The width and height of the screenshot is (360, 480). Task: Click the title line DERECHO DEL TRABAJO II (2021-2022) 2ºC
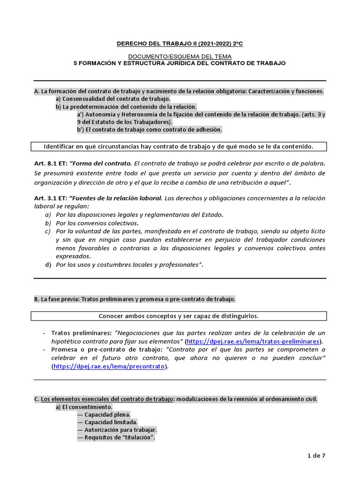pyautogui.click(x=180, y=45)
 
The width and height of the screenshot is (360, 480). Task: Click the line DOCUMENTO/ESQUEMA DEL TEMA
pyautogui.click(x=180, y=56)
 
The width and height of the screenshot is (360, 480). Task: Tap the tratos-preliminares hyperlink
pyautogui.click(x=254, y=341)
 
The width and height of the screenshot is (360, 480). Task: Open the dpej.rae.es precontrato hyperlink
pyautogui.click(x=109, y=367)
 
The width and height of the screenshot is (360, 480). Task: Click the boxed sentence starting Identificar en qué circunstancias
pyautogui.click(x=179, y=147)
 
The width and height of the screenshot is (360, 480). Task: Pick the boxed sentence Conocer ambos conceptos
pyautogui.click(x=179, y=315)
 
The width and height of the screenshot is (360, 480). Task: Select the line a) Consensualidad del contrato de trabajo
pyautogui.click(x=113, y=99)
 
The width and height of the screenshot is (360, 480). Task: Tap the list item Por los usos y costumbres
pyautogui.click(x=129, y=265)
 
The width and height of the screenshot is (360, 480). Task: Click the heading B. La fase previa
pyautogui.click(x=135, y=299)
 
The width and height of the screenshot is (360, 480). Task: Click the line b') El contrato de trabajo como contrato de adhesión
pyautogui.click(x=149, y=129)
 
